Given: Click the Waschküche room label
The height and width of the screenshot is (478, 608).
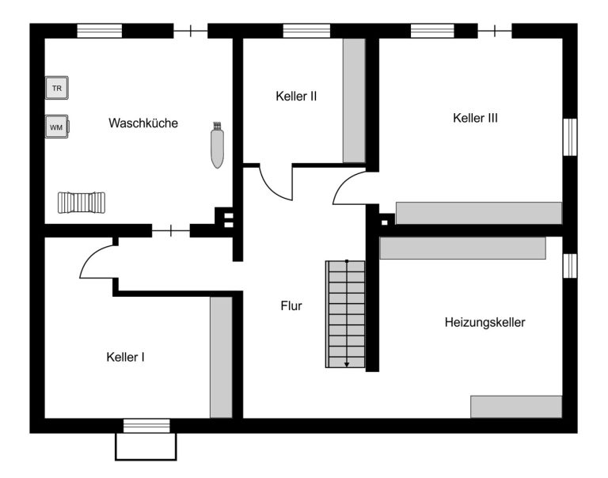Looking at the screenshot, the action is [143, 123].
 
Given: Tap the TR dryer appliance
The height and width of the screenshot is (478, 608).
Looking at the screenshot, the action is [57, 88].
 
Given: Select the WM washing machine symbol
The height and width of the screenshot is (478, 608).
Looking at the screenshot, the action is [57, 127].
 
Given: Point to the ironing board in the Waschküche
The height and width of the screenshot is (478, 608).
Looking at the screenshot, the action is [217, 145].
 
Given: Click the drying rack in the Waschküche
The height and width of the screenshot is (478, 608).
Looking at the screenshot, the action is [82, 203].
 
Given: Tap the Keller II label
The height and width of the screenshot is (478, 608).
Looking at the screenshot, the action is [296, 96].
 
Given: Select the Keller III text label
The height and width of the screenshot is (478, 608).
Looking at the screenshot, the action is [475, 118].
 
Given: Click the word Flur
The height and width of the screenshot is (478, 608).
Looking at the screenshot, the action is [291, 306].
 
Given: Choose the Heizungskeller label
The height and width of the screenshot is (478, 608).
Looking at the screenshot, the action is [484, 322].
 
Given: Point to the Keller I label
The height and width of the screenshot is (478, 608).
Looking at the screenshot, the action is [125, 357].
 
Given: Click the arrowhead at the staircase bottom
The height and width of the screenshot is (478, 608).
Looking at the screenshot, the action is [347, 364].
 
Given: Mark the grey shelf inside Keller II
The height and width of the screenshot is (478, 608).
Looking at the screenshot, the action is [354, 101].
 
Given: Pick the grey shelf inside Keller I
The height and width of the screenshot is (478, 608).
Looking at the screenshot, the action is [221, 358].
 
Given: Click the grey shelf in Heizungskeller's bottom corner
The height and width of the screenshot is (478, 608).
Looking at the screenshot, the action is [516, 407].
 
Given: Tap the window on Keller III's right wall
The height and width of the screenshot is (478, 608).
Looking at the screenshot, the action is [570, 137].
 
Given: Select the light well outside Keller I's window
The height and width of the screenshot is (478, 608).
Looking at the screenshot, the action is [146, 446].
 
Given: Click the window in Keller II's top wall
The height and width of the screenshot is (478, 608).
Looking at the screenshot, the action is [306, 31].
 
